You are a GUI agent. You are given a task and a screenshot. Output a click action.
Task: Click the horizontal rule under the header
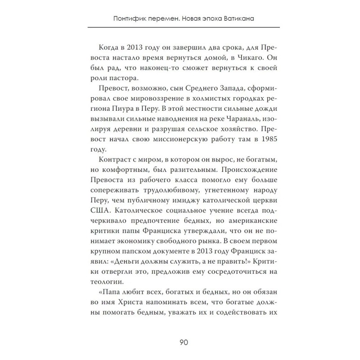[x=180, y=27]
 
